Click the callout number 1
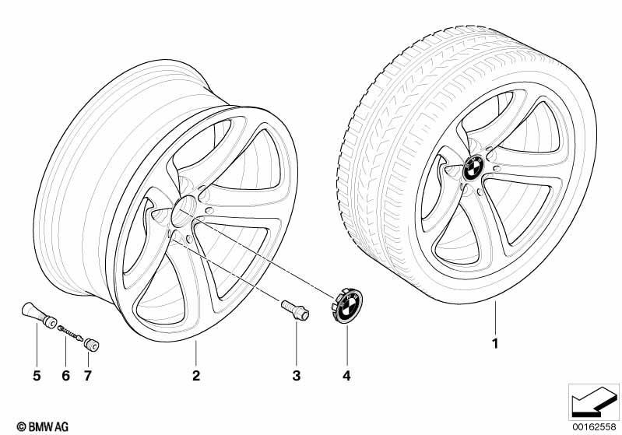pos(494,343)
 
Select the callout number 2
pos(196,375)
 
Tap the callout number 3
pos(297,375)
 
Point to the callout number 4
pos(346,375)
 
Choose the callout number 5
pos(37,375)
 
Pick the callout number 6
pos(66,375)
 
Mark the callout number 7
pos(88,375)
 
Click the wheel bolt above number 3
pos(295,310)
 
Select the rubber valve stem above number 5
pos(39,315)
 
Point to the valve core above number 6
pos(71,333)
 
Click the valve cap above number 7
pos(91,344)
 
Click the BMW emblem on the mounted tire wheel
pos(474,168)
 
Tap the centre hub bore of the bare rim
pos(184,209)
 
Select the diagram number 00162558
pos(594,426)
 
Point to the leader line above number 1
pos(494,318)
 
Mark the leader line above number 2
pos(196,353)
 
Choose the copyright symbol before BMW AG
pos(22,426)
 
